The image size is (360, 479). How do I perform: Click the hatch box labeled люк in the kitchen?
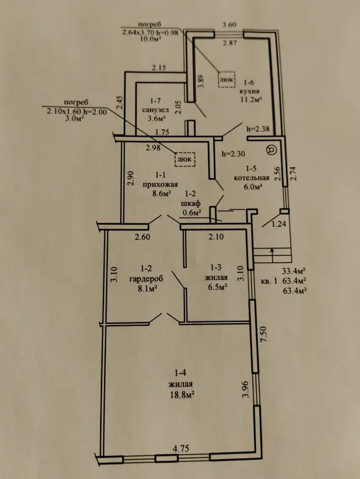(226, 79)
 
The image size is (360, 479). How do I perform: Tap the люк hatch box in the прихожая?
(184, 159)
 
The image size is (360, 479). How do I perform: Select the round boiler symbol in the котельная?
(271, 150)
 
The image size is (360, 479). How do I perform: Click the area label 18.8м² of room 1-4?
(183, 395)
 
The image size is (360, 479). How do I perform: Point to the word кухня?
(249, 91)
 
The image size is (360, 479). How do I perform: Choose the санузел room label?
(156, 109)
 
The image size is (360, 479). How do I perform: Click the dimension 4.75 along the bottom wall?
(181, 448)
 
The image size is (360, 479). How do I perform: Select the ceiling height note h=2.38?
(258, 129)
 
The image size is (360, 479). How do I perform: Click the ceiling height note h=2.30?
(234, 154)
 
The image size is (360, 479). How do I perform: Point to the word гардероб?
(146, 278)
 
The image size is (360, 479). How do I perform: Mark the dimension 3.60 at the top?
(229, 25)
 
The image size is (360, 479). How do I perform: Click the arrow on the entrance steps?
(272, 255)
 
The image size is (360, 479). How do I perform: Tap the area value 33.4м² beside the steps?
(294, 270)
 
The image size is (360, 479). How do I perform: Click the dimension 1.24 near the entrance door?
(279, 224)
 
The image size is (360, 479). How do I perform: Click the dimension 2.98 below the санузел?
(153, 148)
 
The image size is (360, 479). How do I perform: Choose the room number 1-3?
(216, 268)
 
